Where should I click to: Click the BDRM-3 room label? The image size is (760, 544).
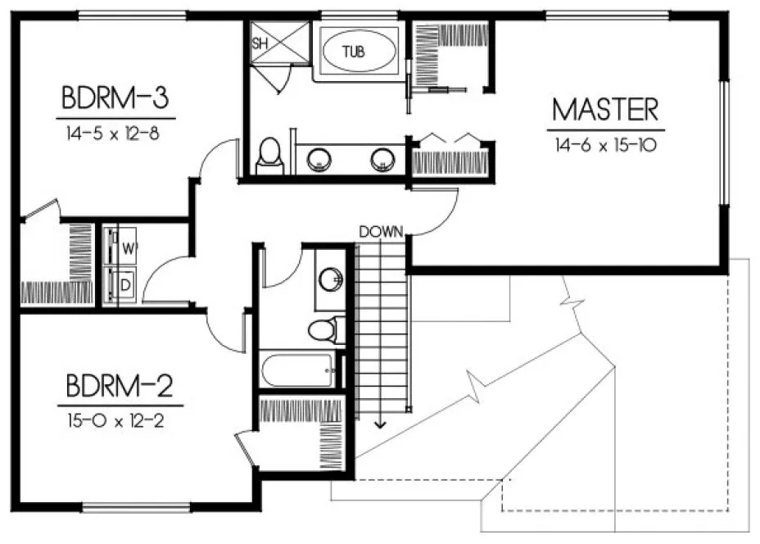click(115, 98)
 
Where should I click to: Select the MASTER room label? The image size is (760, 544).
click(604, 110)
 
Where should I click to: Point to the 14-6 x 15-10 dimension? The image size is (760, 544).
click(604, 145)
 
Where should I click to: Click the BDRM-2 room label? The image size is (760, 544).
click(120, 385)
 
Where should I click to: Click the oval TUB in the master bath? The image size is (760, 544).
click(354, 52)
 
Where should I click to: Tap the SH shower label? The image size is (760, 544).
click(260, 44)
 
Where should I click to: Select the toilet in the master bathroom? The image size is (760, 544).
click(269, 156)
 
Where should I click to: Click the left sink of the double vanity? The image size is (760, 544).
click(319, 159)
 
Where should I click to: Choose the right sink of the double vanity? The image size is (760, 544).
click(382, 159)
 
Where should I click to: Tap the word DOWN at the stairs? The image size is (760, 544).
click(382, 232)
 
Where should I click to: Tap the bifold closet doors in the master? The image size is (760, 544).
click(451, 137)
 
